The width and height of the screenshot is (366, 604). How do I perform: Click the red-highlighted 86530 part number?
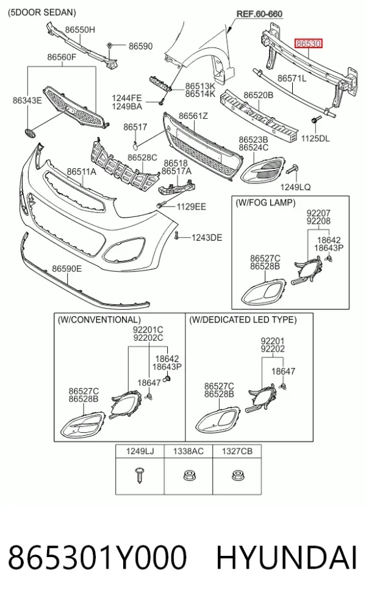308,44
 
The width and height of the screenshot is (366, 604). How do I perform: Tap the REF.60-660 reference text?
259,14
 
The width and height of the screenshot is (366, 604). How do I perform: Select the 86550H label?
80,30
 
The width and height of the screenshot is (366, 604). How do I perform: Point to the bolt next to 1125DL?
314,121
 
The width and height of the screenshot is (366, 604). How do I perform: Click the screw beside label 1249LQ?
292,169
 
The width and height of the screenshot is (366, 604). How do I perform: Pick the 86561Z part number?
193,116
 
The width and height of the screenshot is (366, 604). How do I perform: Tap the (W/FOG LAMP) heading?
265,203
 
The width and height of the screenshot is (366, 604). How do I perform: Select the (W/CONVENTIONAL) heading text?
99,320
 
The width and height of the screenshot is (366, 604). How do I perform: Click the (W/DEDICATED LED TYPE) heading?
243,320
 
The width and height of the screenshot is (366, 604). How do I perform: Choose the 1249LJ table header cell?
140,451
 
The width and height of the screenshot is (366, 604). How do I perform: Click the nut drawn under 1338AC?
188,476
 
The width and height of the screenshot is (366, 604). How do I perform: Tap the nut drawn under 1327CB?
237,476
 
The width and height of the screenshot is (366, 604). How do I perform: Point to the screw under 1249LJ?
140,475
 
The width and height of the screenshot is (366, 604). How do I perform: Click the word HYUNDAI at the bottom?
286,558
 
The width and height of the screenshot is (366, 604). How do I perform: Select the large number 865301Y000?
97,558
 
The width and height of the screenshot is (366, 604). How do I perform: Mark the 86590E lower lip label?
67,269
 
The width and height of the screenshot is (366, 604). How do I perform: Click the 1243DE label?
207,238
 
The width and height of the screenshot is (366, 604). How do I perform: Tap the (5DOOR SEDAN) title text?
42,12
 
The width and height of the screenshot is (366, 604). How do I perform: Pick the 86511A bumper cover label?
82,172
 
